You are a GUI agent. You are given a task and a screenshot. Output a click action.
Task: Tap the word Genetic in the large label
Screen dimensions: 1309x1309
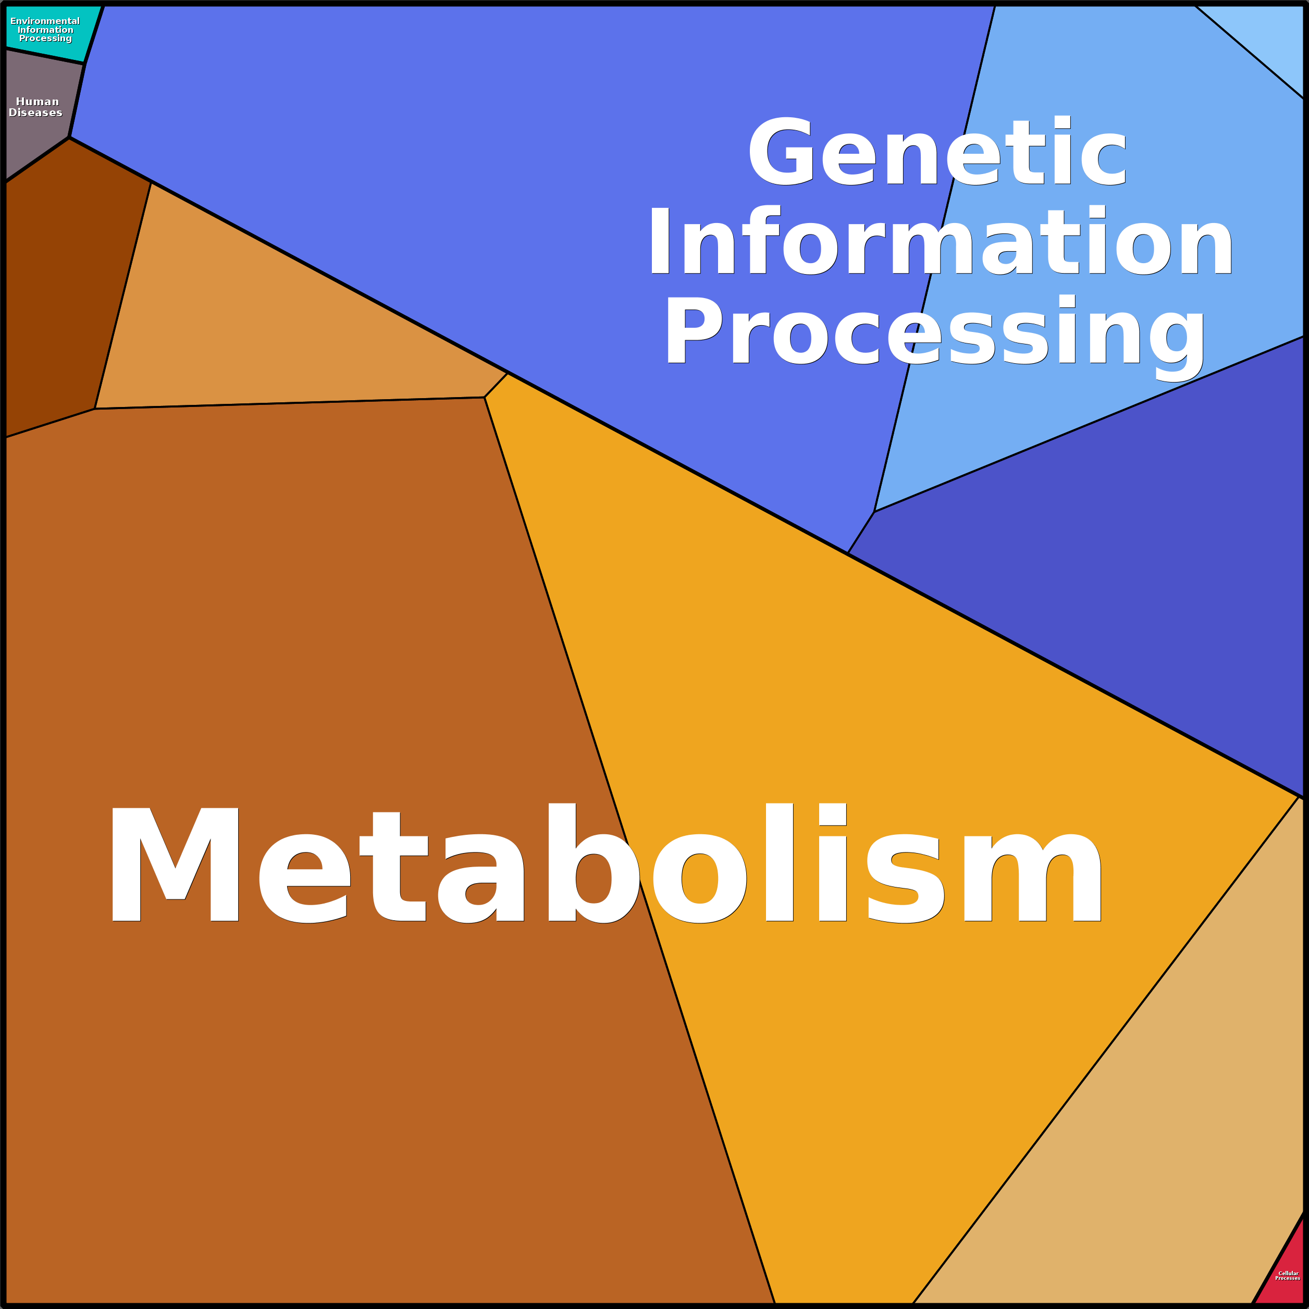pos(937,152)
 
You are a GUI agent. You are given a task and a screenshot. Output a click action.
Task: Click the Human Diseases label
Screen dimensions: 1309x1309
pos(36,107)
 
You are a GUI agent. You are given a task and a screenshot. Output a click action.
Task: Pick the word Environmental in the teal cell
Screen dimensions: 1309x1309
pos(45,21)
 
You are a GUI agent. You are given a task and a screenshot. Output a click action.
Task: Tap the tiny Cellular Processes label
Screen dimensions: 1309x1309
pos(1287,1276)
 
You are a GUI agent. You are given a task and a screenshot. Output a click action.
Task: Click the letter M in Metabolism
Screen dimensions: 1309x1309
pos(175,865)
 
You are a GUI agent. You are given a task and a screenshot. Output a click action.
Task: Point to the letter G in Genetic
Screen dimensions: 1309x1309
pos(781,152)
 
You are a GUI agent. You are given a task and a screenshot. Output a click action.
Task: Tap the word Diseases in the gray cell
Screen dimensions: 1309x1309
pos(36,113)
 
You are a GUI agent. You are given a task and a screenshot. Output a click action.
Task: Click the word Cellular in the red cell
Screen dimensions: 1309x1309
pos(1288,1273)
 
